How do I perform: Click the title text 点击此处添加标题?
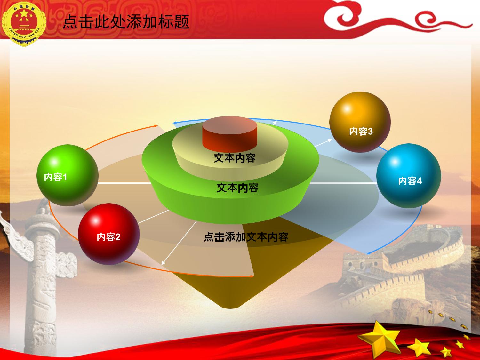(126, 22)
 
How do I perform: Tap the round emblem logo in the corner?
(24, 24)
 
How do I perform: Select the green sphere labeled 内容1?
(67, 175)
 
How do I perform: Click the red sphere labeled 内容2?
(109, 234)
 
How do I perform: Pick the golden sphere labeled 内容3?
(360, 122)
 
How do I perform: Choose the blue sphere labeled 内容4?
(409, 176)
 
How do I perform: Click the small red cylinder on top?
(230, 134)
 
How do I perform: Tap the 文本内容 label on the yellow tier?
(235, 158)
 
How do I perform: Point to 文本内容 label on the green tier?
(238, 188)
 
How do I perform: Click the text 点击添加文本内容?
(246, 237)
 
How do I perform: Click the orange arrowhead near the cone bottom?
(252, 276)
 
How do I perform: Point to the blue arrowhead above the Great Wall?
(368, 253)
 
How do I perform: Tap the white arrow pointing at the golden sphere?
(323, 143)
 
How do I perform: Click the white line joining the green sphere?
(125, 183)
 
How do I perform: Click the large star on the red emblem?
(24, 14)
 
